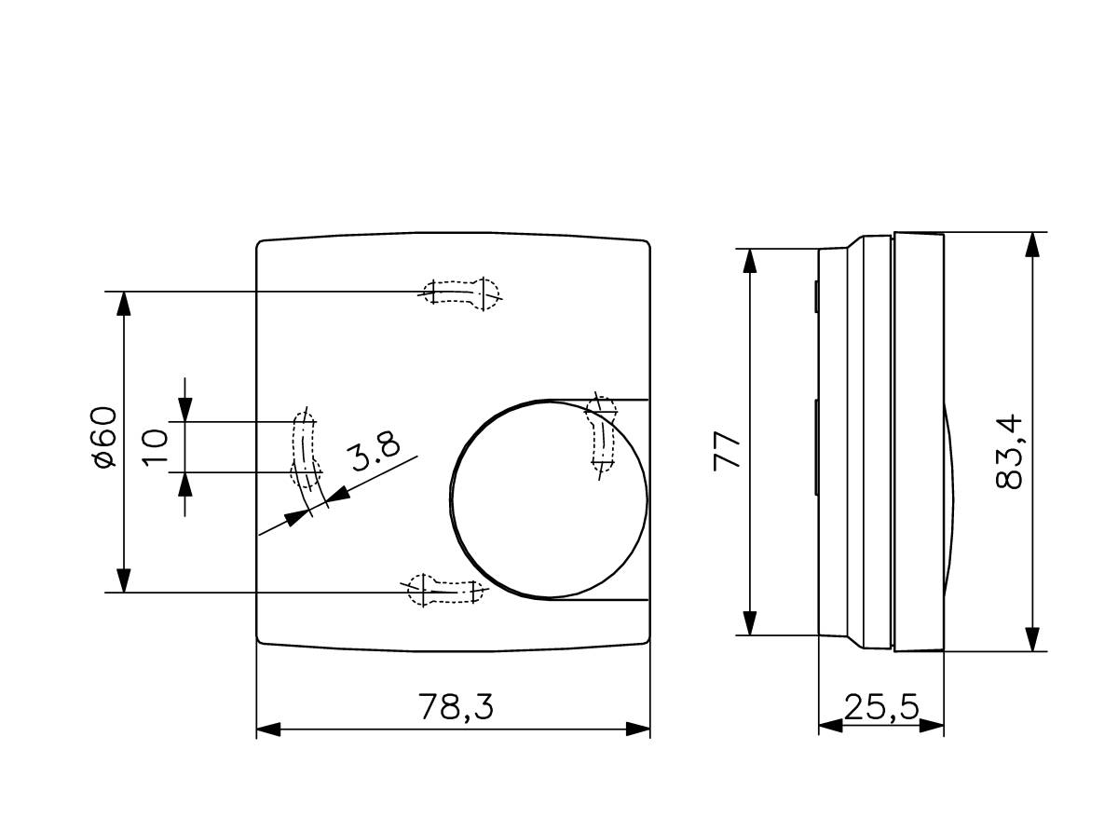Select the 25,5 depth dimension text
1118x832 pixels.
(881, 708)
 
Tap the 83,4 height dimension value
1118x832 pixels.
(1009, 452)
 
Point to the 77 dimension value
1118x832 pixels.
(728, 450)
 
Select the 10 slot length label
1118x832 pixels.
(156, 446)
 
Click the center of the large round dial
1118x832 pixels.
(549, 498)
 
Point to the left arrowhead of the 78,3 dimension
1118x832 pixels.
(267, 729)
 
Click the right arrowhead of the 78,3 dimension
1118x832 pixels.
(638, 729)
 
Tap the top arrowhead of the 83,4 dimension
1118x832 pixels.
(1031, 243)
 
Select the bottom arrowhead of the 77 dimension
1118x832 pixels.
(750, 623)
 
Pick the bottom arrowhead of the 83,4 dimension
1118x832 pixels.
(1031, 639)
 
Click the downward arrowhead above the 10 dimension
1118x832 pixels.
(185, 409)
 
